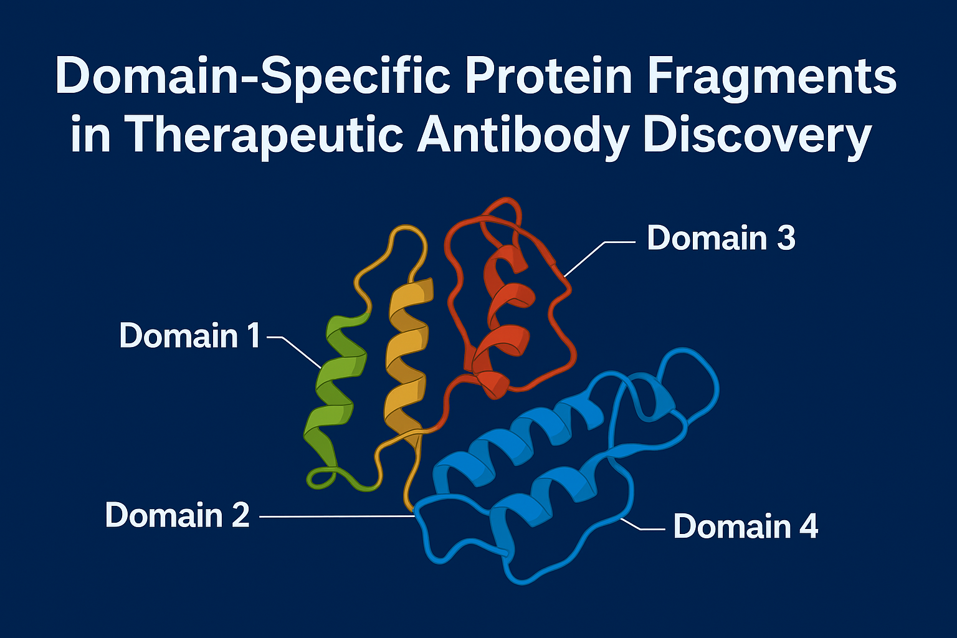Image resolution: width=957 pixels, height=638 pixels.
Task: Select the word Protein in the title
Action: tap(549, 75)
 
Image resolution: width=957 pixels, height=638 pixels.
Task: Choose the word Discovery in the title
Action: tap(757, 136)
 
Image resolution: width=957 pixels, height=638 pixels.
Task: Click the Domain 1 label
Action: tap(189, 335)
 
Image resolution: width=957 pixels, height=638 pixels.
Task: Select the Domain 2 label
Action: tap(178, 515)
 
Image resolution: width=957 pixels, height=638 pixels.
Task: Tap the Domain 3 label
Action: tap(721, 237)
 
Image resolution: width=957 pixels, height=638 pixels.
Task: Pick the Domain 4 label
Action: tap(746, 526)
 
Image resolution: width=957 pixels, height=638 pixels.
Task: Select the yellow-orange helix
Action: tap(408, 359)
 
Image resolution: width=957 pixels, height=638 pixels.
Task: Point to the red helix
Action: tap(502, 320)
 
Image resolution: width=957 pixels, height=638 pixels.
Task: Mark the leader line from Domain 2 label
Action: tap(338, 517)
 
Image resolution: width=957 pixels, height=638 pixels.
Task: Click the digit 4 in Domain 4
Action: tap(808, 526)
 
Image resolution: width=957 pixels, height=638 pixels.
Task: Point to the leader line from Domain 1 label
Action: tap(294, 352)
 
